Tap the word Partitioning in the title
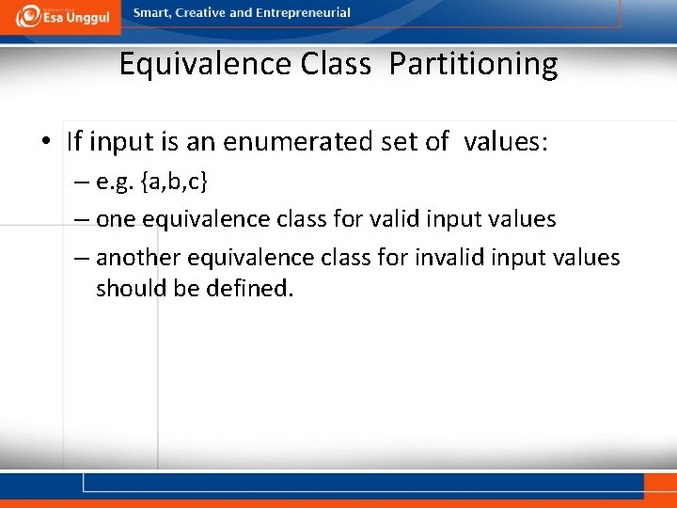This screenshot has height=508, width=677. point(473,64)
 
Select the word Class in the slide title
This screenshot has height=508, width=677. point(336,64)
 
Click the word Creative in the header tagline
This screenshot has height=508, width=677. point(201,13)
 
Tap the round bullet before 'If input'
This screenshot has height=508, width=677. point(46,143)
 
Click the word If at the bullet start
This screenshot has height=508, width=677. point(75,142)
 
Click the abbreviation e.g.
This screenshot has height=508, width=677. point(116,182)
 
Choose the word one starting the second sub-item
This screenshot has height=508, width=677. point(116,220)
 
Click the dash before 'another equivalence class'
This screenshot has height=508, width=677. point(82,259)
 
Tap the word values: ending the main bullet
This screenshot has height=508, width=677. point(505,142)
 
